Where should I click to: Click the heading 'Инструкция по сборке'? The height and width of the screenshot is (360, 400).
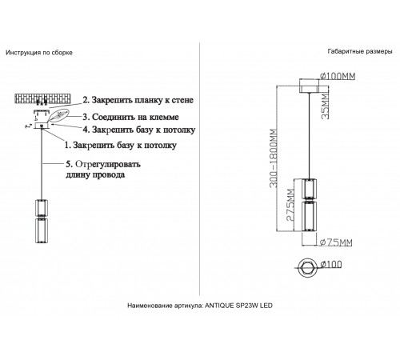click(x=39, y=52)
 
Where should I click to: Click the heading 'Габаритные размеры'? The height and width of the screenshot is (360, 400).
click(x=359, y=52)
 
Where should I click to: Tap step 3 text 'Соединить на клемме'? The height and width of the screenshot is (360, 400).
click(x=132, y=116)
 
